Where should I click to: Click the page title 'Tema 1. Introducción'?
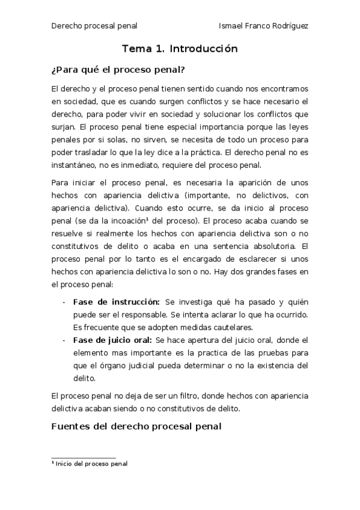(180, 49)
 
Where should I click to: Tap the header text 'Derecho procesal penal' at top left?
(94, 26)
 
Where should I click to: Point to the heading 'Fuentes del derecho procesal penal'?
(137, 426)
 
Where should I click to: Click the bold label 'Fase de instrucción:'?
(116, 301)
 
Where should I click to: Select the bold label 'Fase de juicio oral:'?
(112, 340)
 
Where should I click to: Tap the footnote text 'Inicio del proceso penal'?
(91, 464)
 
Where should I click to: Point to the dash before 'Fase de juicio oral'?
(64, 340)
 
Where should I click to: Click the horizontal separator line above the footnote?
(84, 458)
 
